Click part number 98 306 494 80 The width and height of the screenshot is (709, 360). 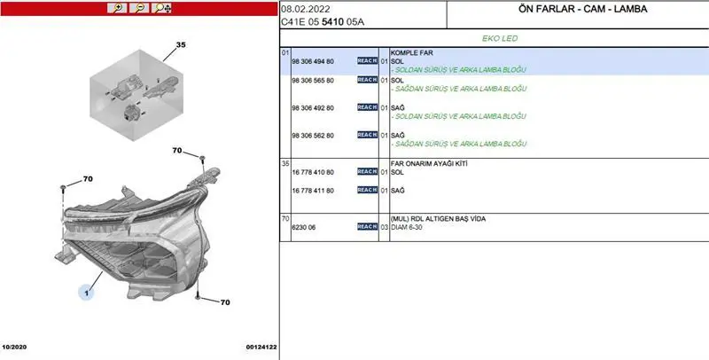313,61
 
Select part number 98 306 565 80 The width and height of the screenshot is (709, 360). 313,81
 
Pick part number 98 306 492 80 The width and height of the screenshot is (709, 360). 313,108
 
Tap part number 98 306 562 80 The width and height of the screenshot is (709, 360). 313,136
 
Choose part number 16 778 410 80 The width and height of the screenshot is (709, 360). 313,172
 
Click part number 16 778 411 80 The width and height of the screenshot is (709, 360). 313,191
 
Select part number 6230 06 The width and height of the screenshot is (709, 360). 304,228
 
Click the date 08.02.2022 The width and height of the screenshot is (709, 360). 306,9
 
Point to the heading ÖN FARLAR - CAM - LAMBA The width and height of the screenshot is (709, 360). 583,9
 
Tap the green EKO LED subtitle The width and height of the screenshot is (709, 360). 500,38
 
